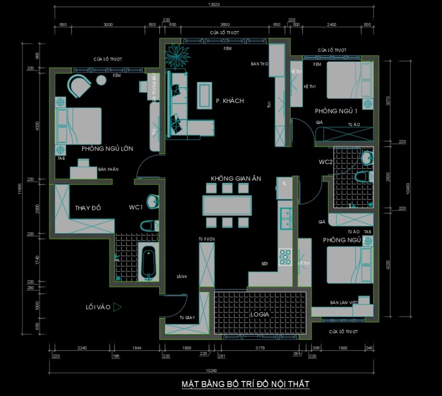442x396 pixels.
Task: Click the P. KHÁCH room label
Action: click(x=230, y=101)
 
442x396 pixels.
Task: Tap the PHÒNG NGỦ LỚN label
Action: click(x=107, y=149)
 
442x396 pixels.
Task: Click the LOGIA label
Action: click(x=260, y=314)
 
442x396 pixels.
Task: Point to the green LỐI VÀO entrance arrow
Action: click(x=117, y=307)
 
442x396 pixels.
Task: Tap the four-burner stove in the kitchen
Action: click(x=285, y=257)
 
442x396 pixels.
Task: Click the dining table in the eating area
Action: click(x=227, y=205)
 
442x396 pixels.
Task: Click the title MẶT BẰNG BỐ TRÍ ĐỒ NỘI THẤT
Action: click(x=245, y=384)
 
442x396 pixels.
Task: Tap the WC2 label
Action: click(x=325, y=162)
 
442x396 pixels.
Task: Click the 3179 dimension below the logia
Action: click(x=261, y=348)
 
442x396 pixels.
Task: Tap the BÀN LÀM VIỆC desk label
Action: click(x=344, y=302)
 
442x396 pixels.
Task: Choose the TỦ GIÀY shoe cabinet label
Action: click(x=187, y=318)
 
